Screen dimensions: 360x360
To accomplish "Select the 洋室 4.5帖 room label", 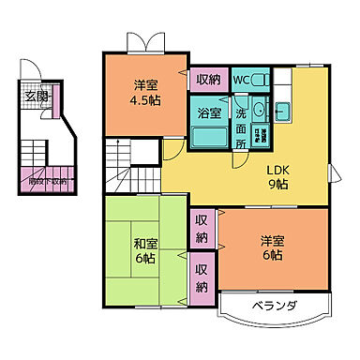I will (x=144, y=91).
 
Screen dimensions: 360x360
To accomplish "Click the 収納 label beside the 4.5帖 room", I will (x=207, y=80).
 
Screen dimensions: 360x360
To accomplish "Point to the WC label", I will (x=241, y=80).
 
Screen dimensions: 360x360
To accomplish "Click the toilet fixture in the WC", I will (x=261, y=80).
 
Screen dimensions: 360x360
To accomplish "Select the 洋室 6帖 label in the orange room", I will (x=273, y=247).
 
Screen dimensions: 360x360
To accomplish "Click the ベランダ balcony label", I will (x=274, y=307).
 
